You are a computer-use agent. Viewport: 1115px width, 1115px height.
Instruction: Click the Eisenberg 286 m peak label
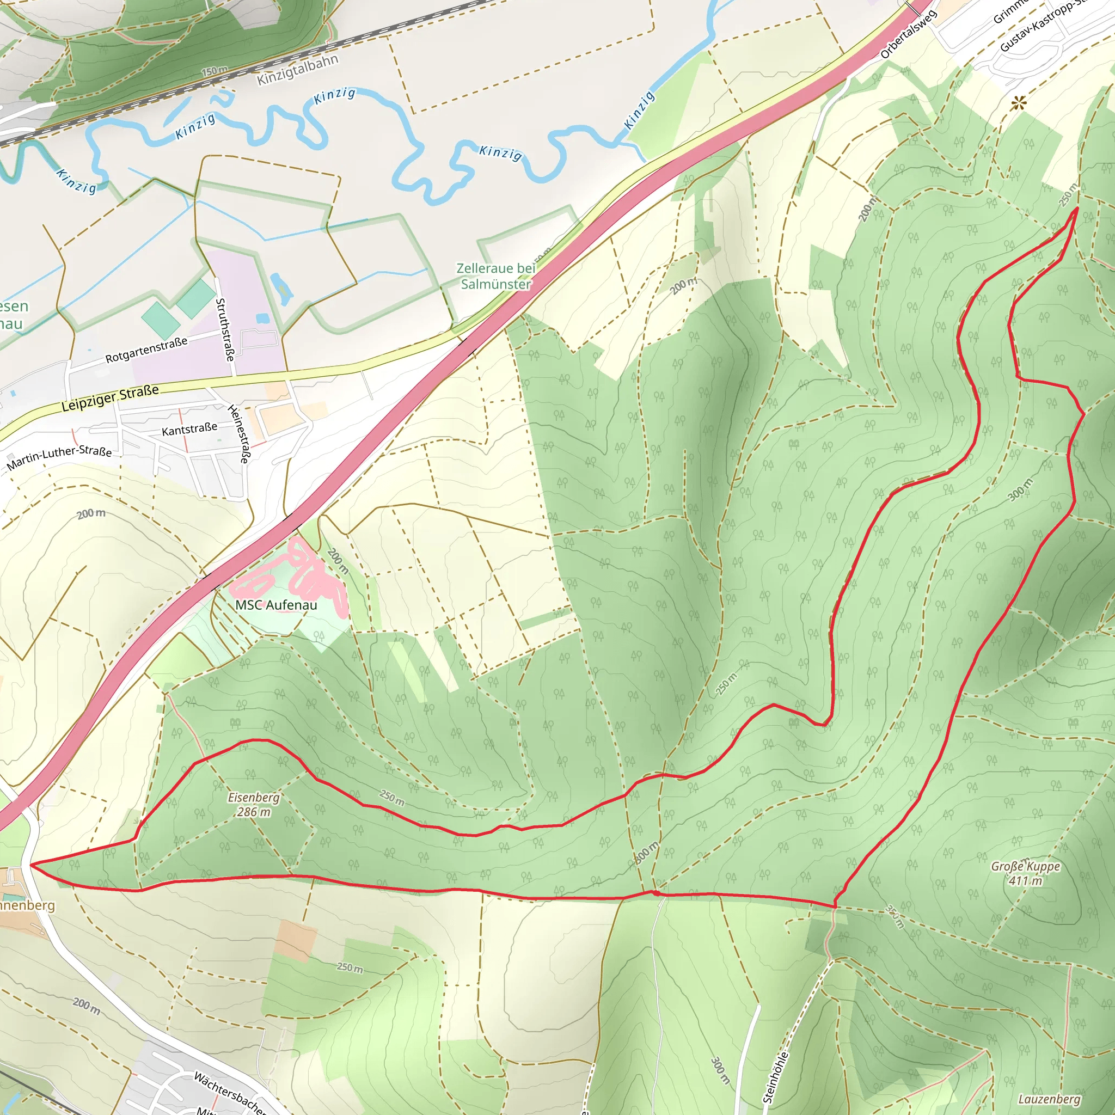253,805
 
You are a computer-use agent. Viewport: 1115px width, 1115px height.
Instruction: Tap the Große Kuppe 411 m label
1026,873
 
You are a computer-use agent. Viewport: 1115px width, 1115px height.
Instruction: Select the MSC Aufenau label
276,605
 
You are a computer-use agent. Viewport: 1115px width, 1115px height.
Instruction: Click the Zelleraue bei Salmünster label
496,276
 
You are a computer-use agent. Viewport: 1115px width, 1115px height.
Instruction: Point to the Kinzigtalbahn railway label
297,70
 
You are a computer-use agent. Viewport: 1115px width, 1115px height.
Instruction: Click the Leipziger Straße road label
109,398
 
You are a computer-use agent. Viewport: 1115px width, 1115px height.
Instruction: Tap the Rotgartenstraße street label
146,350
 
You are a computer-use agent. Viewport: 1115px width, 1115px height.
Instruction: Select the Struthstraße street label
224,329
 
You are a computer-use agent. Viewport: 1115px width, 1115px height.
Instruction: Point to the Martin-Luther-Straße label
59,458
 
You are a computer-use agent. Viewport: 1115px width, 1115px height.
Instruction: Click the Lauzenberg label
1049,1099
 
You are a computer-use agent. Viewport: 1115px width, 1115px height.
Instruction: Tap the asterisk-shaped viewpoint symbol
1019,104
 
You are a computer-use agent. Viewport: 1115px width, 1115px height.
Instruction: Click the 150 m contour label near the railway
214,71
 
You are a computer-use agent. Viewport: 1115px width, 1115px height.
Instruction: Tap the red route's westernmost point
31,865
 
